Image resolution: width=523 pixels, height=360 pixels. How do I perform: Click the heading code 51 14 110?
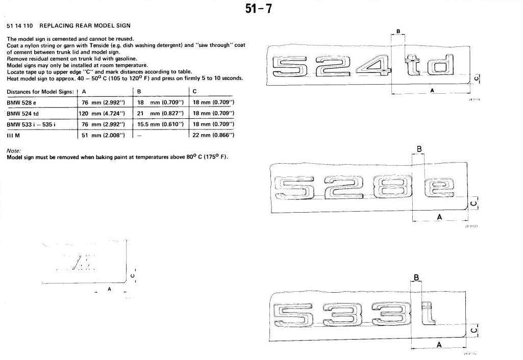click(x=20, y=25)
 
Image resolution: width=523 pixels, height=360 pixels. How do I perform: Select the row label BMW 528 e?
click(x=21, y=102)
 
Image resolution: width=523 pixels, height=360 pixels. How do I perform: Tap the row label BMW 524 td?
click(x=22, y=114)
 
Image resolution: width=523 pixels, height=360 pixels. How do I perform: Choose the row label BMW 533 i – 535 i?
click(x=31, y=124)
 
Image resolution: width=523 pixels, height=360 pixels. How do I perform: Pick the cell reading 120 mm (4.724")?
click(x=102, y=114)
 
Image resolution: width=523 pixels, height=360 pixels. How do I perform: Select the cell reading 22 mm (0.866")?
click(x=213, y=135)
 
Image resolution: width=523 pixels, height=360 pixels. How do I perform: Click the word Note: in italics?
click(x=14, y=151)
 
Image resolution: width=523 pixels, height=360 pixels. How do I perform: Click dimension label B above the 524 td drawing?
click(x=398, y=31)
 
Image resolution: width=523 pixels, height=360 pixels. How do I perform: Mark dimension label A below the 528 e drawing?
click(x=439, y=218)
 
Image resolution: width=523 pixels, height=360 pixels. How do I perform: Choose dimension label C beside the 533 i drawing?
click(x=473, y=330)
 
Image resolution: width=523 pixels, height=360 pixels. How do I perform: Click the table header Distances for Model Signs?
click(x=40, y=92)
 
